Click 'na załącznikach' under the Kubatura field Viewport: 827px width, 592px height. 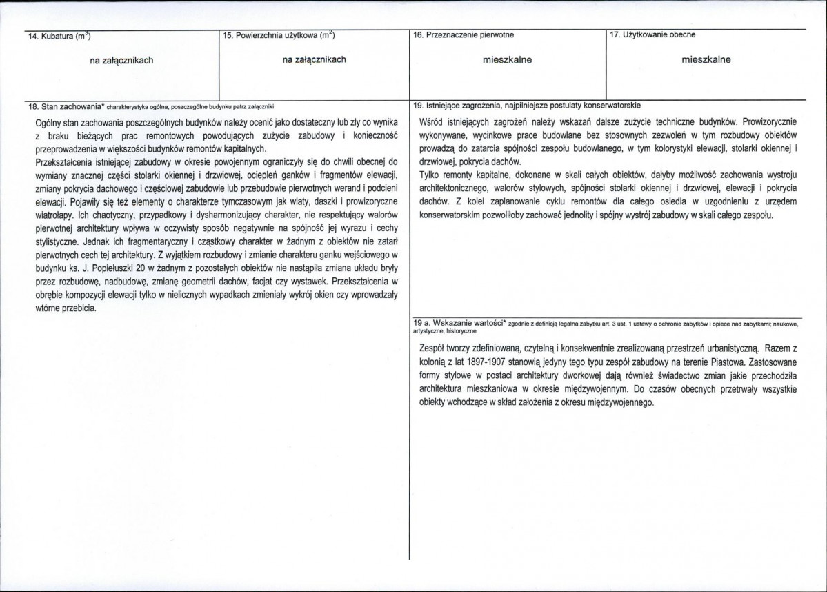(x=121, y=60)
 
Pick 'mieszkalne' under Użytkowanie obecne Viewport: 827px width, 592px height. (x=706, y=59)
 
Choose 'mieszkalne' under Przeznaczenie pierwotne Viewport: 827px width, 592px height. (x=507, y=59)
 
